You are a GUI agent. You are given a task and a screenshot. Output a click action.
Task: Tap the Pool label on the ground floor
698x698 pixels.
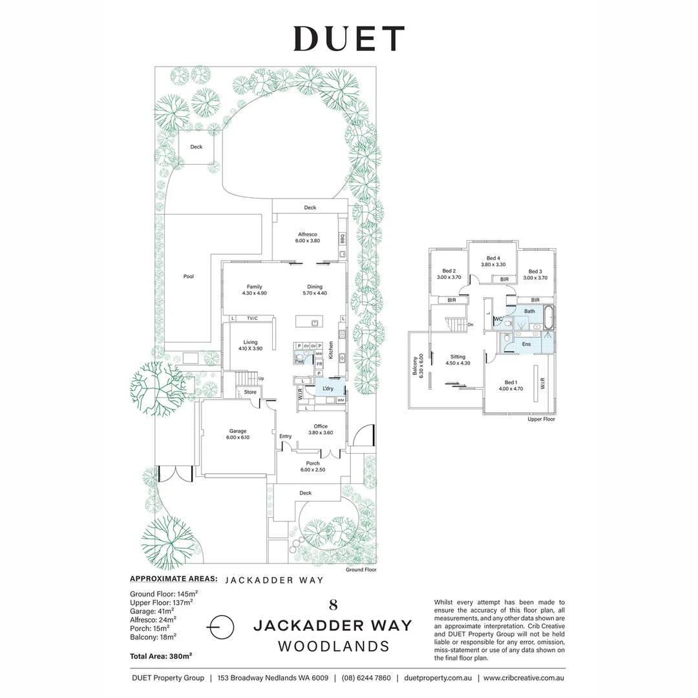pyautogui.click(x=188, y=277)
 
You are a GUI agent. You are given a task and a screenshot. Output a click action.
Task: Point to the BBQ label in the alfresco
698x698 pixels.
pyautogui.click(x=342, y=239)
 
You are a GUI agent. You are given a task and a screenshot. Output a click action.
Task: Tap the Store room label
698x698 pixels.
pyautogui.click(x=249, y=392)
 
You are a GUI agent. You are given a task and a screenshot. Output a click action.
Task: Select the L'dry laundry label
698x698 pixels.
pyautogui.click(x=327, y=388)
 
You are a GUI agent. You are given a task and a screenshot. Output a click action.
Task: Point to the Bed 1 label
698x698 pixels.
pyautogui.click(x=510, y=383)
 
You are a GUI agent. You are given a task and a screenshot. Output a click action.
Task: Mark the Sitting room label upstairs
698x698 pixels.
pyautogui.click(x=458, y=357)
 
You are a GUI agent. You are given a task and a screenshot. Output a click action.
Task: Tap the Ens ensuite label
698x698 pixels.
pyautogui.click(x=526, y=344)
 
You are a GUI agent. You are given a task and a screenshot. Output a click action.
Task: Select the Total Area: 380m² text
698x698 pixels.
pyautogui.click(x=162, y=656)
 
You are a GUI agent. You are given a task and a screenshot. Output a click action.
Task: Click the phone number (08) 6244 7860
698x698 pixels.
pyautogui.click(x=366, y=678)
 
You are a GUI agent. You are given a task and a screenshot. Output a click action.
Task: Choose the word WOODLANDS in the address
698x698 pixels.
pyautogui.click(x=333, y=646)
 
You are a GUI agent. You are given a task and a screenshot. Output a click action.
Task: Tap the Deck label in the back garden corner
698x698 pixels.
pyautogui.click(x=196, y=147)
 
